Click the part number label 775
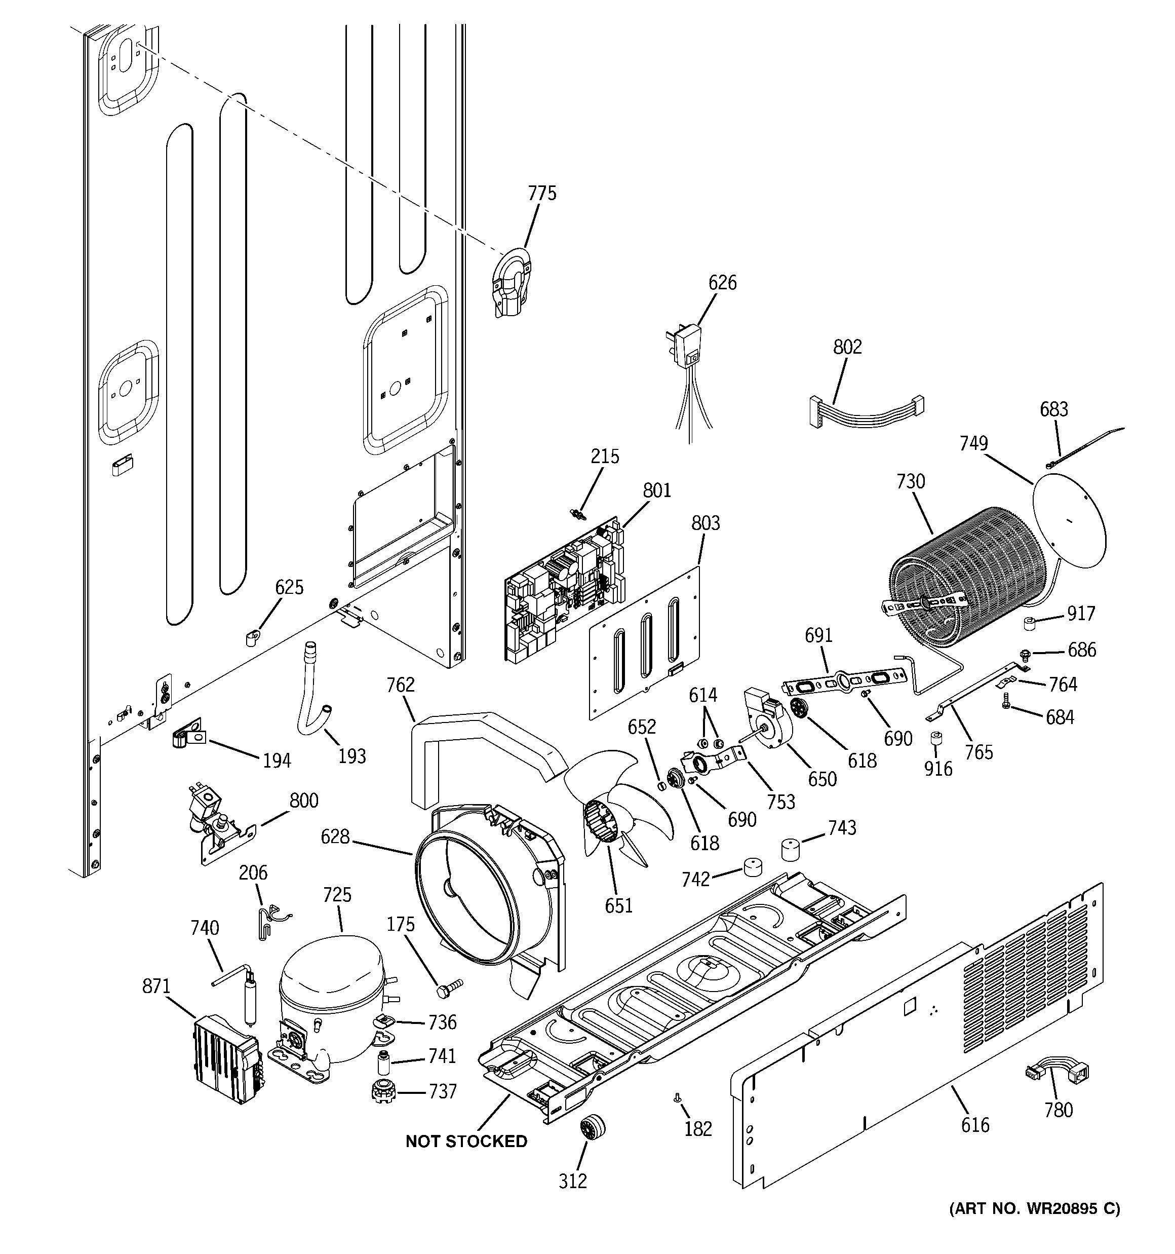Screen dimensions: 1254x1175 542,193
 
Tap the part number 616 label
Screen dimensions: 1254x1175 975,1125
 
